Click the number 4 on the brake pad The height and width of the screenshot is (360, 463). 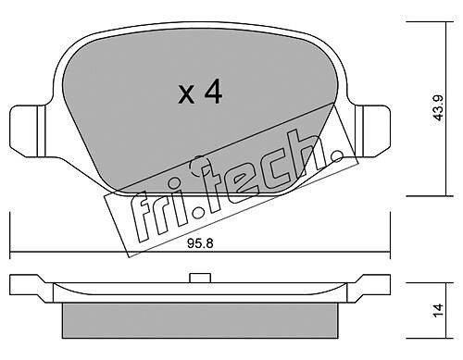click(213, 92)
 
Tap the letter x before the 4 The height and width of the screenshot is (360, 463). click(186, 94)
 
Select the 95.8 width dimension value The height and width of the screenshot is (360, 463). click(200, 243)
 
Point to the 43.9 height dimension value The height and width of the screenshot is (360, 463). click(438, 107)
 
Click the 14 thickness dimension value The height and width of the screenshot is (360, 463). click(438, 310)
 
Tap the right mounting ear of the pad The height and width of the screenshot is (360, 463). click(373, 131)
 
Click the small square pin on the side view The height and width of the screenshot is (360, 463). click(200, 278)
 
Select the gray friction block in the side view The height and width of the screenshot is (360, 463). click(200, 320)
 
